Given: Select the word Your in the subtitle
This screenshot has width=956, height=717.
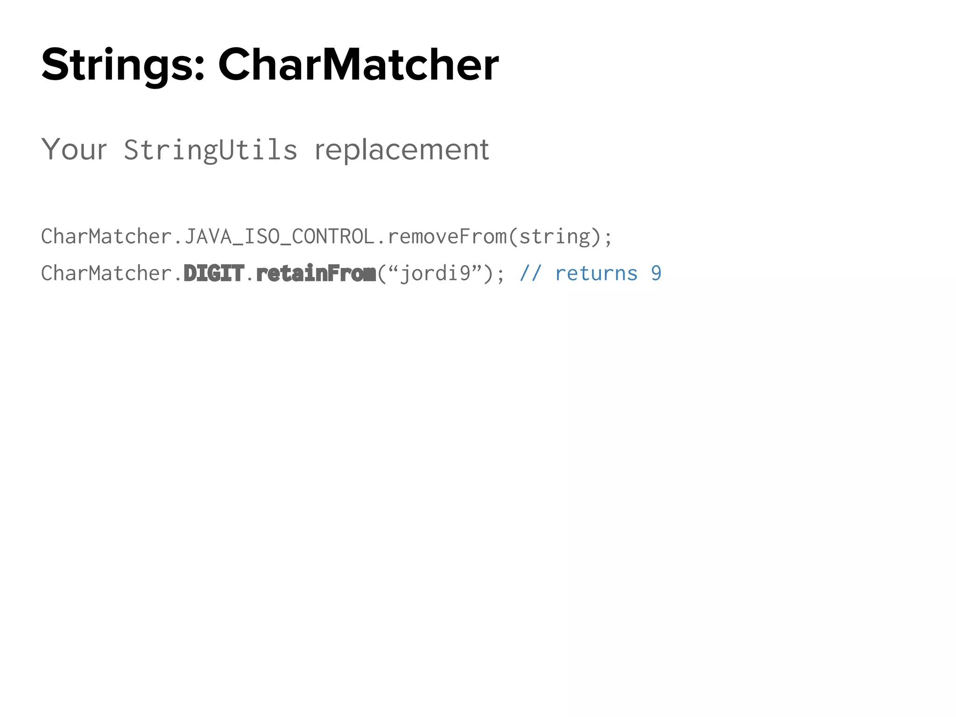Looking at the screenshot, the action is click(x=74, y=150).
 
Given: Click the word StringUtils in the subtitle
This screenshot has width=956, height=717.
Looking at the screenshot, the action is click(x=210, y=150).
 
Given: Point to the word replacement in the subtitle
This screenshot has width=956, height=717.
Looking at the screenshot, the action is click(x=402, y=150).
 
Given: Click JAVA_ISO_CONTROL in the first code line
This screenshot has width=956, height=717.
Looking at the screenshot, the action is click(x=280, y=237).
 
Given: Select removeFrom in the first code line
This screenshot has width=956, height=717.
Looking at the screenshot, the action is click(x=447, y=237).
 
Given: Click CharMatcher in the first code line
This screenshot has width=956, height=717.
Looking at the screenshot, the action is click(x=106, y=237).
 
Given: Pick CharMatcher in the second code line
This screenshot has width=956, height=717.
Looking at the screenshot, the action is click(x=106, y=274).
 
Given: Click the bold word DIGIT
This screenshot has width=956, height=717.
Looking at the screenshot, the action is click(x=214, y=274).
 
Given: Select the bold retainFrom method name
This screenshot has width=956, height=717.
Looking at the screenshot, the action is click(x=316, y=274).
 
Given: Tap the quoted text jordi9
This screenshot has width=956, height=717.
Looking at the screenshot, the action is click(x=435, y=274).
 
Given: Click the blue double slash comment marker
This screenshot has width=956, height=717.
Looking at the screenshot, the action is click(x=531, y=274).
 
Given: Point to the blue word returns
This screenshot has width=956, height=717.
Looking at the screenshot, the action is click(x=596, y=274).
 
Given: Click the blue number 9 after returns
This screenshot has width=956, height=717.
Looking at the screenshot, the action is click(x=656, y=274).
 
